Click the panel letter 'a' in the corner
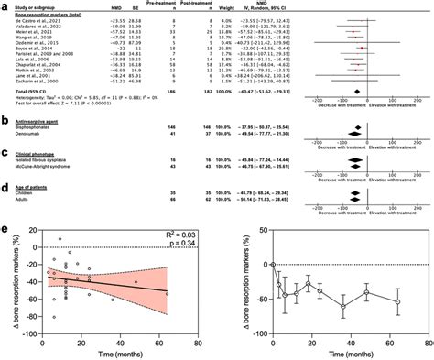point(5,5)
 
